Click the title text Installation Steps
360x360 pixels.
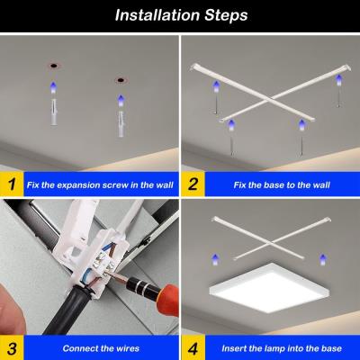point(179,15)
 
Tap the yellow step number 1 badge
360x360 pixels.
point(12,184)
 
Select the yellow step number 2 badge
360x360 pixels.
point(193,184)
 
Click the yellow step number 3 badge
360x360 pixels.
point(12,346)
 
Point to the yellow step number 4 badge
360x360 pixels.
point(193,346)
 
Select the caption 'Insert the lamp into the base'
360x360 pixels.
point(279,347)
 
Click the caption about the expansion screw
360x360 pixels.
point(100,184)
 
